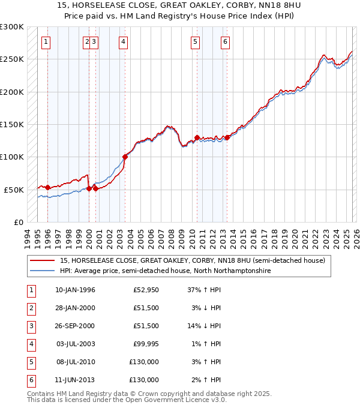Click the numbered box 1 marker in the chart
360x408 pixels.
coord(47,41)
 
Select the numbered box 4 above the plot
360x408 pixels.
coord(123,41)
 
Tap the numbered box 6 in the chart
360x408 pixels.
coord(225,41)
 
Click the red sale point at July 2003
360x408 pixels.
coord(125,157)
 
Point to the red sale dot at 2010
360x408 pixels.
coord(197,137)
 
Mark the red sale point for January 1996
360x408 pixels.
coord(47,187)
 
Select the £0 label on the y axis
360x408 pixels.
coord(17,222)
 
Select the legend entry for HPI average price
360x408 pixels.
coord(165,271)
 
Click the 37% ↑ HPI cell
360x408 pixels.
coord(204,290)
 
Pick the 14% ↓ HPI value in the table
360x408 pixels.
coord(204,326)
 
